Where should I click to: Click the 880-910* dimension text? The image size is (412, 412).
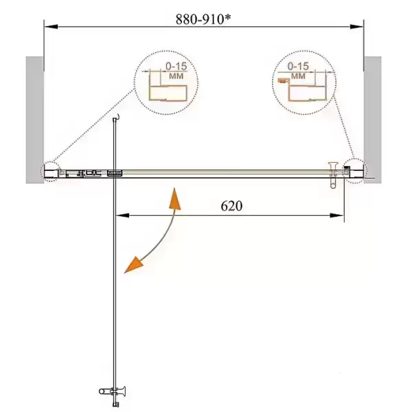tap(203, 19)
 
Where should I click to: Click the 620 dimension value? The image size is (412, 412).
tap(231, 206)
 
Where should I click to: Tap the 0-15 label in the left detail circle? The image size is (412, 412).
tap(176, 66)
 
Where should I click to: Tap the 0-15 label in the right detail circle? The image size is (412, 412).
tap(298, 66)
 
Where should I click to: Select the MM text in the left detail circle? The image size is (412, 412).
tap(176, 76)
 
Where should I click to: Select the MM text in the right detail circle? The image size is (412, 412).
tap(299, 76)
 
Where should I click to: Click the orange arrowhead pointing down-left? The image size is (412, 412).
tap(133, 265)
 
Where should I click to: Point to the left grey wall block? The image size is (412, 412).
tap(35, 119)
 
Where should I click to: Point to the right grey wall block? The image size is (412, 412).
tap(373, 119)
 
